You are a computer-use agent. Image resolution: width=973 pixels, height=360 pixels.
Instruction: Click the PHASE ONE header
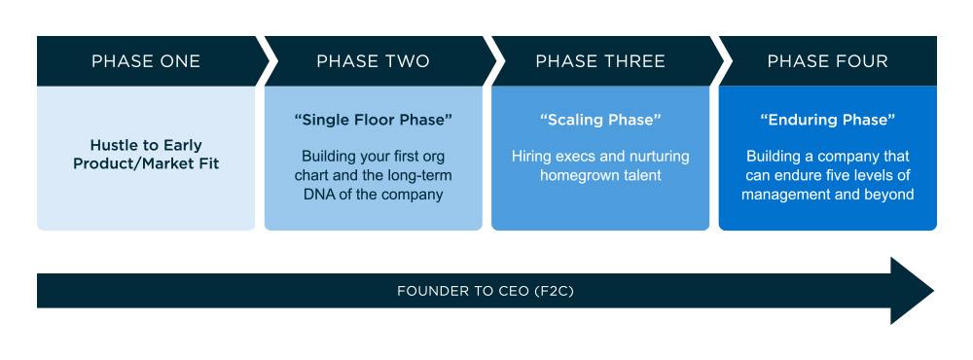tap(146, 61)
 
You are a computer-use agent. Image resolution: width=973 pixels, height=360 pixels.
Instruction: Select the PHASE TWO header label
tap(373, 61)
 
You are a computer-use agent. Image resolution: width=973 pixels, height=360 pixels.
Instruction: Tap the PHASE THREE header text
tap(600, 61)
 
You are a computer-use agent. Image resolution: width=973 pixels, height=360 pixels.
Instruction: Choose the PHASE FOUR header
tap(827, 61)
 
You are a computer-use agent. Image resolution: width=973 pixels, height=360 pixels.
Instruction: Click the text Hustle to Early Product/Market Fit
tap(146, 155)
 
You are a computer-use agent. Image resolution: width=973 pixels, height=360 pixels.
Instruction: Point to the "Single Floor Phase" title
tap(373, 121)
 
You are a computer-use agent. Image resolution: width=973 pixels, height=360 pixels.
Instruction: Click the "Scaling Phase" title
tap(600, 121)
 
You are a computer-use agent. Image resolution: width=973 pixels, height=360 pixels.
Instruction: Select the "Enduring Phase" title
tap(827, 121)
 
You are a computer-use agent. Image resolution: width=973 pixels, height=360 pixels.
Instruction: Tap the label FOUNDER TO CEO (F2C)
tap(486, 291)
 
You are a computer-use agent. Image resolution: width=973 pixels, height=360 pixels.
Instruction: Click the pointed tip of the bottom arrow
tap(933, 291)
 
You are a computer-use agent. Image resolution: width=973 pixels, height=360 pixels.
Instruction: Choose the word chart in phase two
tap(311, 176)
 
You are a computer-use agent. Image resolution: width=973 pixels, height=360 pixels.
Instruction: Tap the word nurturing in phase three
tap(659, 157)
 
